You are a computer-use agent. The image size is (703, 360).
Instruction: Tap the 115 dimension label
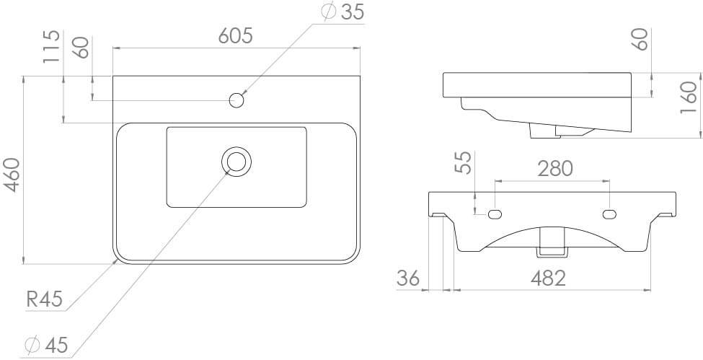pyautogui.click(x=50, y=47)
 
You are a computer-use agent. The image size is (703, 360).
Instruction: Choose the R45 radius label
pyautogui.click(x=45, y=299)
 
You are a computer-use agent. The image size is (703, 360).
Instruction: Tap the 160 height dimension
pyautogui.click(x=688, y=97)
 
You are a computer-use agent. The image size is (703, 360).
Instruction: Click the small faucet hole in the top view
pyautogui.click(x=235, y=100)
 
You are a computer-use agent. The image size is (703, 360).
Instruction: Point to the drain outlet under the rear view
pyautogui.click(x=551, y=242)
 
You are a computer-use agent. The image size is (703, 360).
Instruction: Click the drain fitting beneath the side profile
pyautogui.click(x=544, y=129)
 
